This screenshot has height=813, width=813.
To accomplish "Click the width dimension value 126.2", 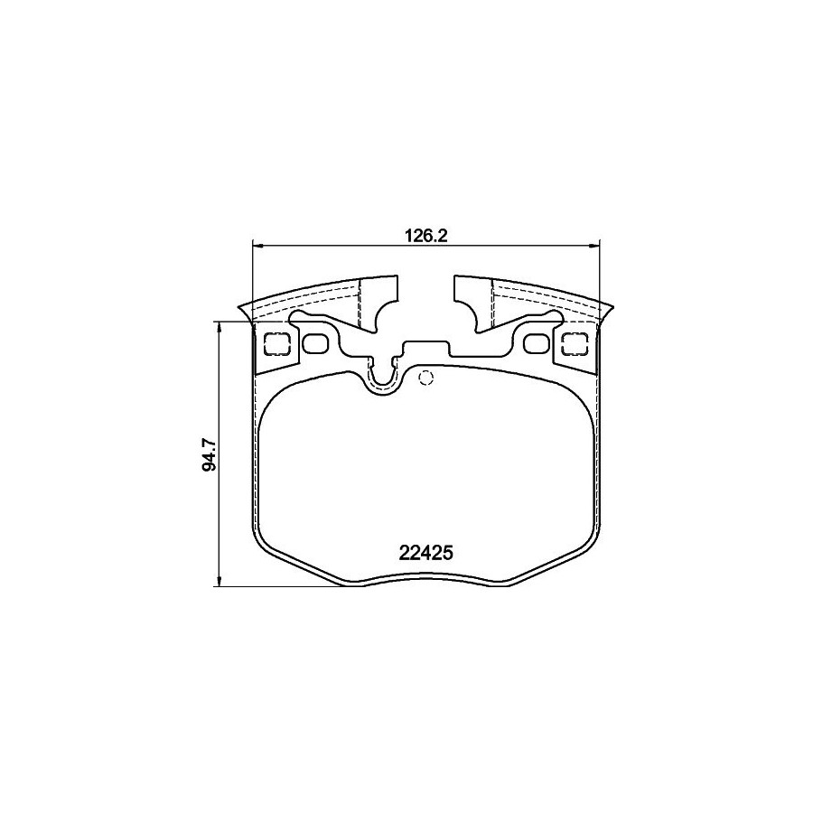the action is [x=425, y=237].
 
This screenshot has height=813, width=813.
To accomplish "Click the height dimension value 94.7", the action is [x=210, y=454].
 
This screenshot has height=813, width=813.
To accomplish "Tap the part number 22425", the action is [x=426, y=553].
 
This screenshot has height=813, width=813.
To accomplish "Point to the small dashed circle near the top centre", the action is [x=425, y=378].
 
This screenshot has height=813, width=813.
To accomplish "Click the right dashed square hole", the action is [x=575, y=344].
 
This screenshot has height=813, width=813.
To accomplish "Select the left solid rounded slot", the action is [x=314, y=344].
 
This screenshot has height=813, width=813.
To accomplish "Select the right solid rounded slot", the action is [x=537, y=344].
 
